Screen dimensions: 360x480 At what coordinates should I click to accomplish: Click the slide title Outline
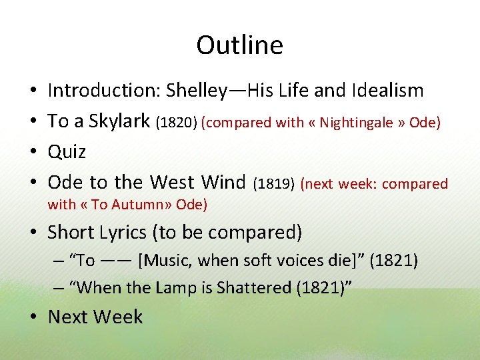coord(239,45)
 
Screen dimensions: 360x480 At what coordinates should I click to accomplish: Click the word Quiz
coord(67,151)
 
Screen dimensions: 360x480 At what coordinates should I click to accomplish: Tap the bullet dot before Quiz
coord(33,152)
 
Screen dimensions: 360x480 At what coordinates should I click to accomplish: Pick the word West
coord(172,182)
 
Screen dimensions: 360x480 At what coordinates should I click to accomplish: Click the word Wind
coord(223,182)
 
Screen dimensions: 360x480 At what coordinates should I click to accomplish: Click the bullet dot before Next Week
coord(33,317)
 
